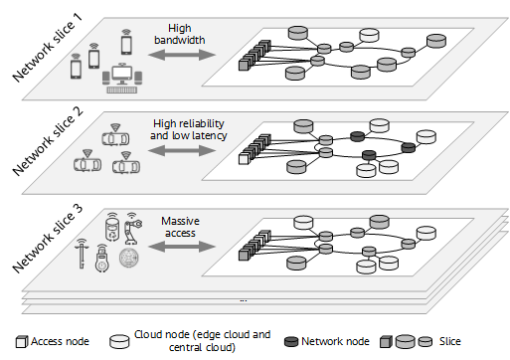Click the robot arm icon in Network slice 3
[x=132, y=227]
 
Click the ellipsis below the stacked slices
[x=244, y=299]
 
